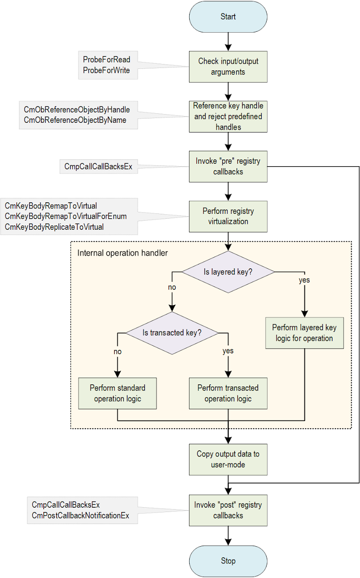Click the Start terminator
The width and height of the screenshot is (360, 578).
228,17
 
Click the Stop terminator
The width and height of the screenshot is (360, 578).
228,561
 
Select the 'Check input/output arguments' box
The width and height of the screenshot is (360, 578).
228,67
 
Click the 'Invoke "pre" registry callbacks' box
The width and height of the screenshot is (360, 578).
228,166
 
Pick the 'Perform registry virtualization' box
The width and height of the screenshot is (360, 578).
228,216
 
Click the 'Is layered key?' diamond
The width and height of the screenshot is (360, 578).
228,272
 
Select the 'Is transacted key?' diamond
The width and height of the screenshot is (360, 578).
172,332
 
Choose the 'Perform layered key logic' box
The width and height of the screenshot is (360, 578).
304,333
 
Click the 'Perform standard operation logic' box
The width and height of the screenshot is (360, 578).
117,393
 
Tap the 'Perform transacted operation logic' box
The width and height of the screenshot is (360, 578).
228,393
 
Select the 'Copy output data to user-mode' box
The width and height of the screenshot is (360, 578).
228,459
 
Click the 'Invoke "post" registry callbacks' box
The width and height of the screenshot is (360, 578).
228,510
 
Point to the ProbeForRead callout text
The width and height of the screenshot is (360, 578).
106,60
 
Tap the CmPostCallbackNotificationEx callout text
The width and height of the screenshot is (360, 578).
80,515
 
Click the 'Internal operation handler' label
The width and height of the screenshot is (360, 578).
122,252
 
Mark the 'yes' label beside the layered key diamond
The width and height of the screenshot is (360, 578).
304,280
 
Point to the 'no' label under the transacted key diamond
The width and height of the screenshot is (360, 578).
117,352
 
